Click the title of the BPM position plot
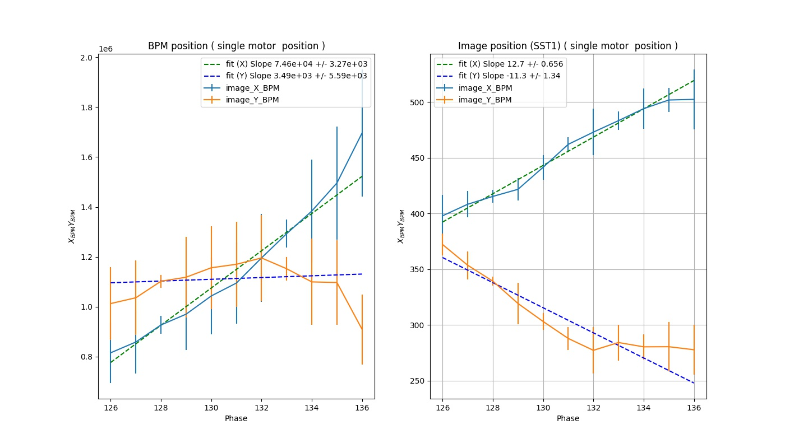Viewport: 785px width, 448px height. pyautogui.click(x=236, y=46)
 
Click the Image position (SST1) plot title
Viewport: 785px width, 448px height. pyautogui.click(x=568, y=46)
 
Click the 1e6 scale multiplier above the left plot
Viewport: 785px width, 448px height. pyautogui.click(x=106, y=49)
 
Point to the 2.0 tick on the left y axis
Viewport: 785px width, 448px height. pyautogui.click(x=87, y=58)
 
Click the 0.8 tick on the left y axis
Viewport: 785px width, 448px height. pyautogui.click(x=87, y=357)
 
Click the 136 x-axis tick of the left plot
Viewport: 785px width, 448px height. pyautogui.click(x=362, y=407)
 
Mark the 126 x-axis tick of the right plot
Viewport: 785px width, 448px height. pyautogui.click(x=442, y=407)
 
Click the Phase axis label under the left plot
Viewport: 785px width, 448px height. pyautogui.click(x=236, y=418)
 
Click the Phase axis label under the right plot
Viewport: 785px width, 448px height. pyautogui.click(x=568, y=418)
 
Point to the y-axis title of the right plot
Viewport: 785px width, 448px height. pyautogui.click(x=400, y=226)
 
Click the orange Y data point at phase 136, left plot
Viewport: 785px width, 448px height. pyautogui.click(x=362, y=329)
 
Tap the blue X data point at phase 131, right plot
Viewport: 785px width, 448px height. pyautogui.click(x=568, y=144)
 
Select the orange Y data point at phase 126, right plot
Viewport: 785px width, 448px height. pyautogui.click(x=442, y=245)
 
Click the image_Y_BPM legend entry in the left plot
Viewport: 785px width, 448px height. pyautogui.click(x=256, y=100)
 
